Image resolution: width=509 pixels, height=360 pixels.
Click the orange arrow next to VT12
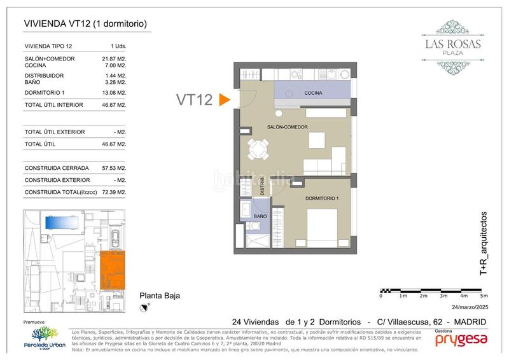point(223,100)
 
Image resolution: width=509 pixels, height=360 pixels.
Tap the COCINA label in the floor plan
point(312,93)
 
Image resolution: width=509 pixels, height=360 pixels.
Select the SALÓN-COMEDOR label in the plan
point(288,127)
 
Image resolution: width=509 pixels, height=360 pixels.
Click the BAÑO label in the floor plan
point(260,217)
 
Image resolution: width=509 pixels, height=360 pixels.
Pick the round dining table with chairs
point(258,150)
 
